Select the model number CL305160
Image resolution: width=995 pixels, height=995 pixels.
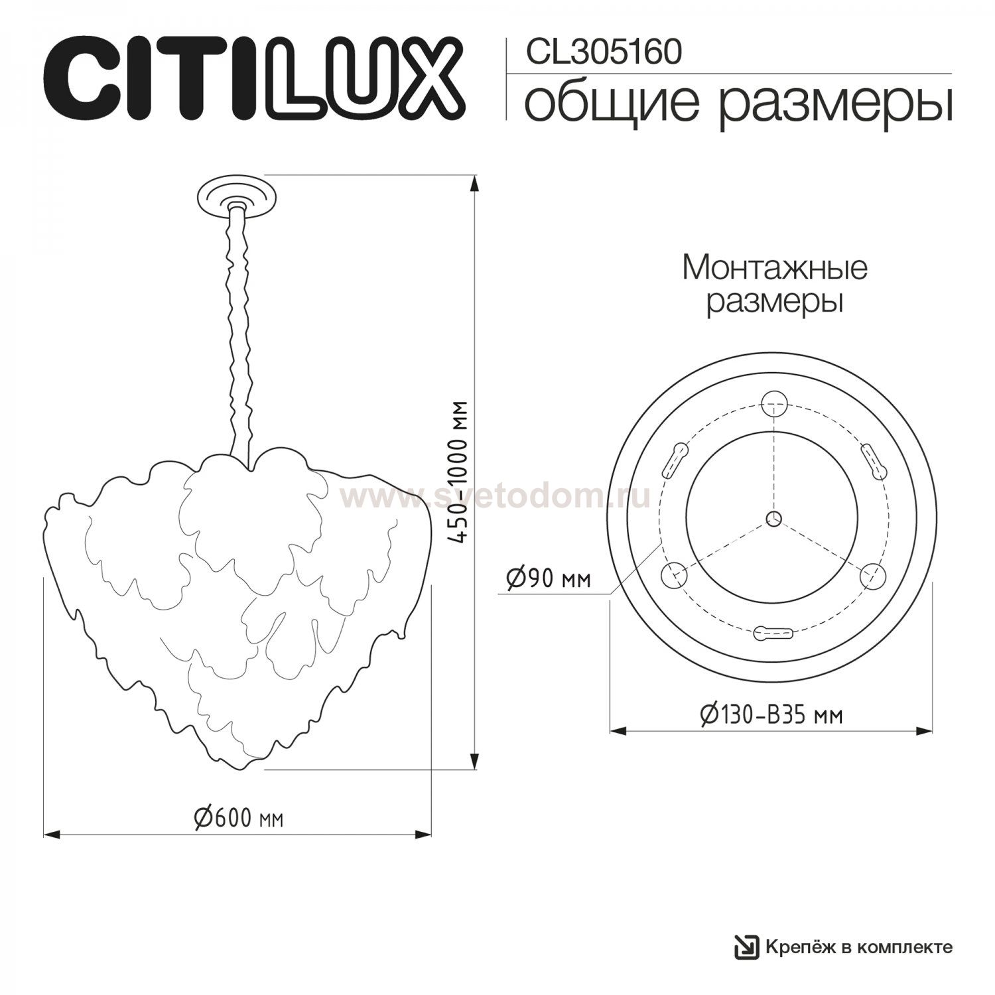604,52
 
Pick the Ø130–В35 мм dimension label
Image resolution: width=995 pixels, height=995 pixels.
771,714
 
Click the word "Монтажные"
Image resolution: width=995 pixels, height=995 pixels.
775,269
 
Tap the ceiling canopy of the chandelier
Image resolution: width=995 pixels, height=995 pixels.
237,196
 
